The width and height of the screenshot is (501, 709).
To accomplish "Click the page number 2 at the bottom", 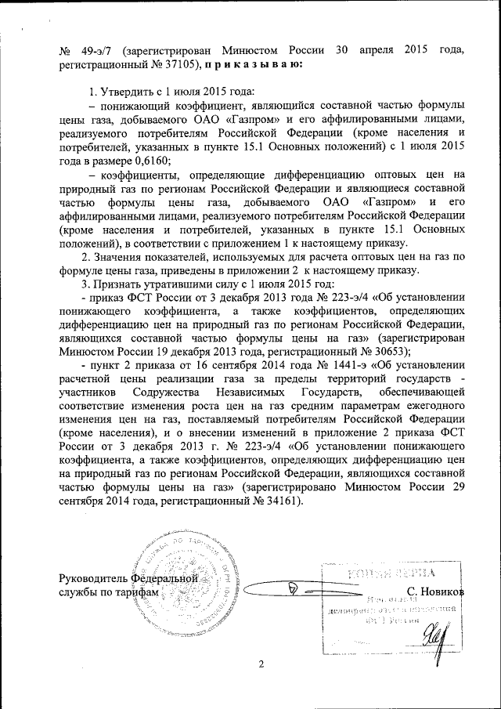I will click(x=262, y=665).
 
